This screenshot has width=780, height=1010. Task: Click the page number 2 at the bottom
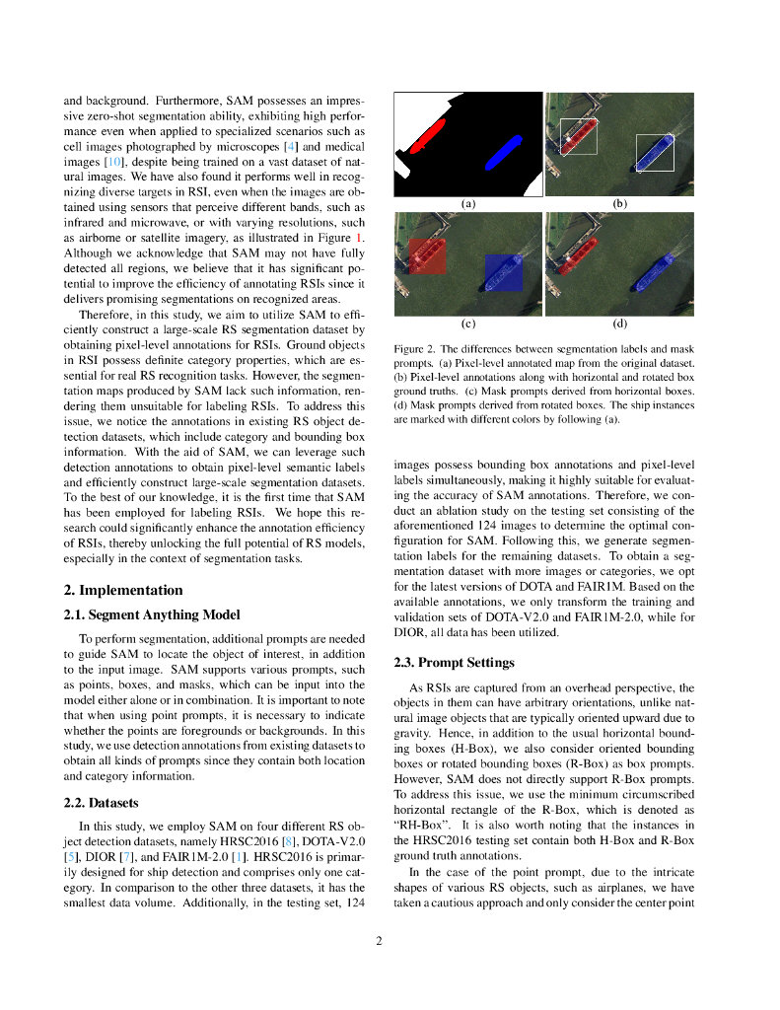(x=379, y=941)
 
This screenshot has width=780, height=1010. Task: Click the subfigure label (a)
(x=468, y=204)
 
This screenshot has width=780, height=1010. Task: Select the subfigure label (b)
(x=619, y=204)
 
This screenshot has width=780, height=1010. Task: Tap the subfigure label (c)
(x=468, y=323)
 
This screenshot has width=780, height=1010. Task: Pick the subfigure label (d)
(x=619, y=323)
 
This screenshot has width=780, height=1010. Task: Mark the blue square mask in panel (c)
(x=503, y=272)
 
